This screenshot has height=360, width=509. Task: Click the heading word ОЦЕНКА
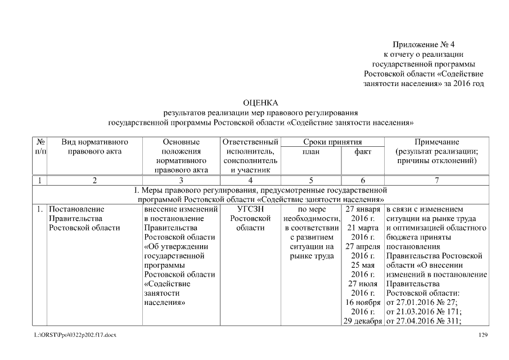(260, 103)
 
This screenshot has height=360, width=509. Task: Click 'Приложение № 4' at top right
(424, 44)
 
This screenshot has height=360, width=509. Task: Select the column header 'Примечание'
(436, 142)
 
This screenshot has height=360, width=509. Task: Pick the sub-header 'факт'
(363, 151)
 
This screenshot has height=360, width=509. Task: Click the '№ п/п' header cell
(40, 147)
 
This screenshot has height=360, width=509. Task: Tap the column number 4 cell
(250, 181)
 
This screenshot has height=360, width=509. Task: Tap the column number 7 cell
(436, 181)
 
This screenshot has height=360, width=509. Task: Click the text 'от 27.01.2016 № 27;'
(421, 303)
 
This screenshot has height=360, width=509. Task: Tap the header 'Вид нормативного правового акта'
(94, 147)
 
